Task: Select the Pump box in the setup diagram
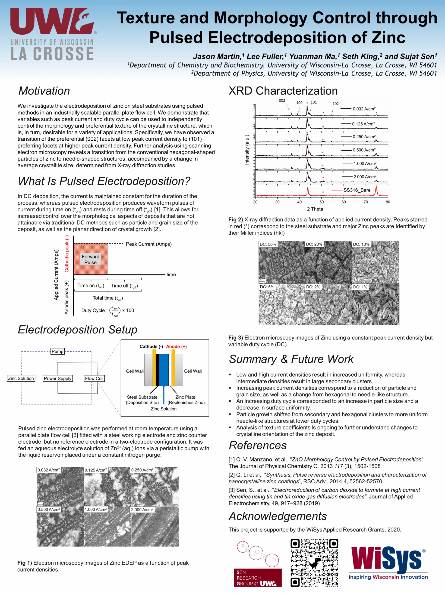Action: pos(58,351)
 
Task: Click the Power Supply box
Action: pos(58,378)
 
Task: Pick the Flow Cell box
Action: pos(94,378)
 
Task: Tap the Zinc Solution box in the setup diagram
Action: pos(21,378)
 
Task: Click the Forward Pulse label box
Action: pos(91,259)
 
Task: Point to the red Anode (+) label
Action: pos(176,346)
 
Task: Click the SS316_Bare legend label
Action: pos(357,190)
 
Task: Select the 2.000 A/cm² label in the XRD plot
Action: pos(365,177)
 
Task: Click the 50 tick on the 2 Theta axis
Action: pos(322,202)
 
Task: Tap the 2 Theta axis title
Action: pos(315,209)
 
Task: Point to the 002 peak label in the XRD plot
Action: pos(282,101)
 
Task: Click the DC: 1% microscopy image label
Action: pos(360,287)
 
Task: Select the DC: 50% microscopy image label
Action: pos(268,244)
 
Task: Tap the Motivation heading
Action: pos(44,91)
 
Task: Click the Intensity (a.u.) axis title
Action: pos(247,150)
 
